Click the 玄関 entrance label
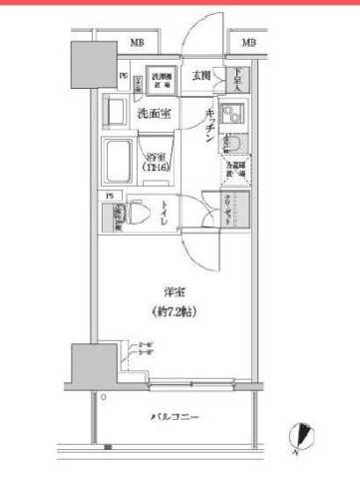tap(200, 76)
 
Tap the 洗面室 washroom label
tap(153, 114)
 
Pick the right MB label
tap(248, 43)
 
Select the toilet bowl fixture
tap(140, 211)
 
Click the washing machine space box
tap(163, 82)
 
